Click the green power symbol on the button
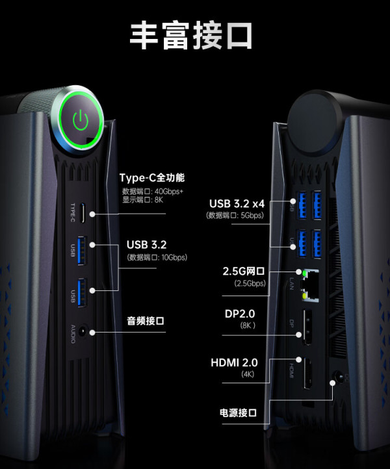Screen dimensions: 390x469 tap(81, 120)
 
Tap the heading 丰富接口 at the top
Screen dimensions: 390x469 tap(191, 35)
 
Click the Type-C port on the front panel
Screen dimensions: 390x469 tap(83, 212)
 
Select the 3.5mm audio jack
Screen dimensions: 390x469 tap(82, 332)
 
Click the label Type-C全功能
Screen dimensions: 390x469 tap(152, 178)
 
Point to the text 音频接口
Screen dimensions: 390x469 tap(146, 321)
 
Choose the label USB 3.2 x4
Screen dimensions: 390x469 tap(237, 204)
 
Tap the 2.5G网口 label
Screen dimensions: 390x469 tap(243, 272)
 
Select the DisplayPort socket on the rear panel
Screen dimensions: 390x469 tap(307, 327)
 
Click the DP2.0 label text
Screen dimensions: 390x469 tap(240, 314)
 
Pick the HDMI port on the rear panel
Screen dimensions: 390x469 tap(307, 374)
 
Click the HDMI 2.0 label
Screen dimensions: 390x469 tap(234, 362)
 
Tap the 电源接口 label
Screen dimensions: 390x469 tap(239, 412)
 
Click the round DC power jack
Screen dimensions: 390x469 tap(339, 377)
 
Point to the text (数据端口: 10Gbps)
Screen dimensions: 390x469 tap(157, 257)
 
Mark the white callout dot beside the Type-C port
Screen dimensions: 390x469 tap(92, 214)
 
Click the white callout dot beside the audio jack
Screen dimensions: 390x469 tap(92, 333)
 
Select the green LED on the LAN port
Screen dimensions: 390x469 tap(305, 273)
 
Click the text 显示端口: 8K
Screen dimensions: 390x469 tap(143, 200)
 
